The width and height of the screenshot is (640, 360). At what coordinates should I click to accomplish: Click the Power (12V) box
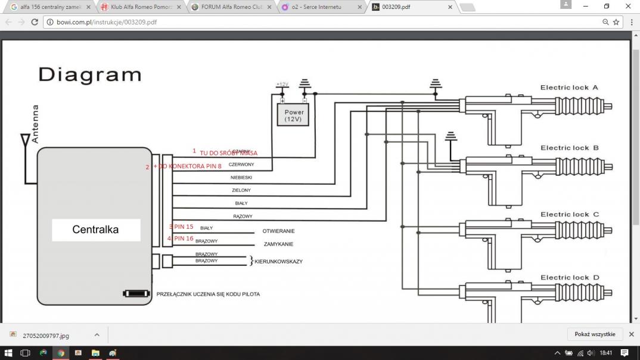[294, 115]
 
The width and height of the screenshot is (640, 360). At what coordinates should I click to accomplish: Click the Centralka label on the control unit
[95, 229]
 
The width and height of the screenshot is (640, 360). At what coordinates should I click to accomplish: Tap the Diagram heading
[90, 75]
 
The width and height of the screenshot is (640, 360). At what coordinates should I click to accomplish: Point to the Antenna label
[35, 124]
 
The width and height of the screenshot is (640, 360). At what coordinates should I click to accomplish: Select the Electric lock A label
[568, 88]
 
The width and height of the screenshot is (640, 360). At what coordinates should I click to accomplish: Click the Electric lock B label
[568, 148]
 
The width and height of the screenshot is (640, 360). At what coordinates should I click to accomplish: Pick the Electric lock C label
[569, 215]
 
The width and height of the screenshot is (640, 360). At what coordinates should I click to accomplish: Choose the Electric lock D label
[569, 278]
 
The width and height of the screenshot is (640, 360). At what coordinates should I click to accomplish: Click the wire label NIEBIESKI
[241, 178]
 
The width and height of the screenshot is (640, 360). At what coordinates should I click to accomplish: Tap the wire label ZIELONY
[241, 191]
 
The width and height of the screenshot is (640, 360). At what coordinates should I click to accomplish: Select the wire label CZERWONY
[241, 165]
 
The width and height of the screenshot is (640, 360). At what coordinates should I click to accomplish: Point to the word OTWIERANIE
[278, 231]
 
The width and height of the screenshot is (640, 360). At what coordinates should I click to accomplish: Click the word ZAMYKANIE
[278, 244]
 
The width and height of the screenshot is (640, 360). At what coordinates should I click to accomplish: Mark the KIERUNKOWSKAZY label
[278, 262]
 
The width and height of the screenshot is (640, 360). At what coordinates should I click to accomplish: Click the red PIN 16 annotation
[182, 238]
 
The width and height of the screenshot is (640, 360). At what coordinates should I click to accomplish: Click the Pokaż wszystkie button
[595, 334]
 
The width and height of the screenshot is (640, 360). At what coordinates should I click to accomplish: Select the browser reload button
[35, 22]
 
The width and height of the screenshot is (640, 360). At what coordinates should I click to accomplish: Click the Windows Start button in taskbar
[8, 353]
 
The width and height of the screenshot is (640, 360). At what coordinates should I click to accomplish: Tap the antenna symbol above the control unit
[26, 141]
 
